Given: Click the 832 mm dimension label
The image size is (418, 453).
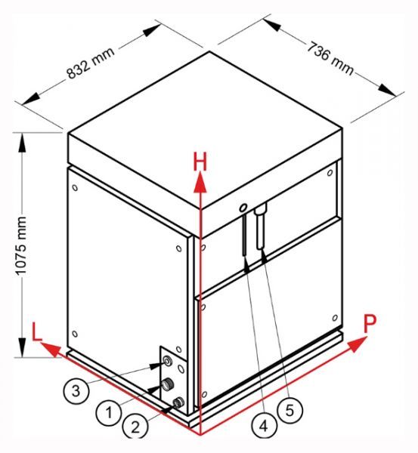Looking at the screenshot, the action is pos(91,62).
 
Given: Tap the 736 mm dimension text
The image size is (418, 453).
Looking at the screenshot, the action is pos(330,58).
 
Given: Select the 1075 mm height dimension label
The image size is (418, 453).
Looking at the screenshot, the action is pos(21,245).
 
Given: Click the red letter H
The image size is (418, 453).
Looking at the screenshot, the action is pos(200,162).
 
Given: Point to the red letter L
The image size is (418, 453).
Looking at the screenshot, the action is pos(37,331).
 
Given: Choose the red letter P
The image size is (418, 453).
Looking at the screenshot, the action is pos(370,324).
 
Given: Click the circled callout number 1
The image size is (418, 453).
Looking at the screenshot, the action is pos(109,412).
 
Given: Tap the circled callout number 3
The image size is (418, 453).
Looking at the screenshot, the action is pos(76,391).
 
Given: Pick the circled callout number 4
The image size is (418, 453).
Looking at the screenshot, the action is pos(264,426).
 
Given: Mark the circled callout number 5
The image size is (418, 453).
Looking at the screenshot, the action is pos(290,410).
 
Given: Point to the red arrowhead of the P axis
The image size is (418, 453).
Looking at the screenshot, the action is pos(357,344).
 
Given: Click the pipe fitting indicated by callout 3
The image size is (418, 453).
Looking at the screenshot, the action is pos(168,362).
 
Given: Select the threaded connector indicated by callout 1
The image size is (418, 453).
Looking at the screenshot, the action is pos(168,384).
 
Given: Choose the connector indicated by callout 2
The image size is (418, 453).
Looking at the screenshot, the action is pos(178,402).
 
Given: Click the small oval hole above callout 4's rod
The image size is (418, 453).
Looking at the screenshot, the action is pos(243,207).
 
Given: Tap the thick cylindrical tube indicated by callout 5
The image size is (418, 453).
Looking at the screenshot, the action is pos(260,226).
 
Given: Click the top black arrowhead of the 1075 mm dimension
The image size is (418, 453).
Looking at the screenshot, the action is pos(22,143).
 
